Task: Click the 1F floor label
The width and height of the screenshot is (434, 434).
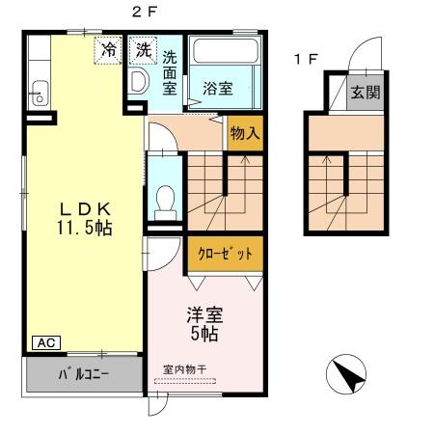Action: coord(306,60)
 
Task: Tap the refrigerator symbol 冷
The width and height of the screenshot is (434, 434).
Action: coord(108,49)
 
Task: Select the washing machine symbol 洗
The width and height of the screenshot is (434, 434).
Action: coord(143,48)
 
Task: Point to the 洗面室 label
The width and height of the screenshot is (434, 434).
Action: coord(170,73)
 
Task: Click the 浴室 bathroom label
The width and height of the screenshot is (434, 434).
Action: coord(217,88)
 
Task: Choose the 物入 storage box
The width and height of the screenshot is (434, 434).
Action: coord(245,133)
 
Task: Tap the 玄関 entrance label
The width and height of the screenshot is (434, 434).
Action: coord(364,94)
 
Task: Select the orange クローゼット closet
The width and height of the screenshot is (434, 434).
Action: coord(226,254)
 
